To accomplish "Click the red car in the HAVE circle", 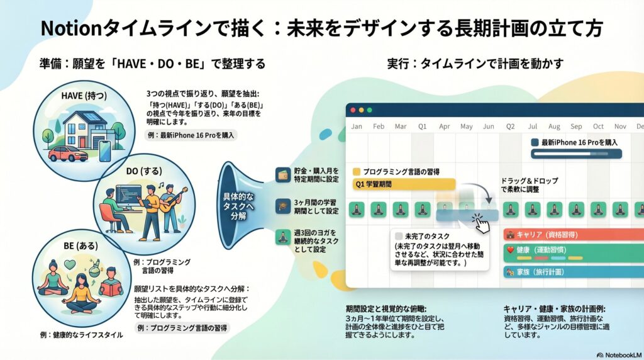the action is click(68, 154).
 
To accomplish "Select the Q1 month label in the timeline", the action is click(422, 127).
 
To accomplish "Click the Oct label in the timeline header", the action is click(598, 127).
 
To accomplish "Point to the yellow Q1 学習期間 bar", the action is click(404, 184).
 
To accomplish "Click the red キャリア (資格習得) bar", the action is click(574, 235).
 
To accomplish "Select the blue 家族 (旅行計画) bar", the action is click(574, 272).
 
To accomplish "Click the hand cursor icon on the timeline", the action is click(481, 223).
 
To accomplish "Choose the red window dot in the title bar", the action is click(353, 110).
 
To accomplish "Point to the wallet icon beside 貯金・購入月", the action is click(283, 175).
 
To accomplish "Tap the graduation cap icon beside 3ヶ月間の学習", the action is click(283, 206).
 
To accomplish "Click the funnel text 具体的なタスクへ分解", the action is click(238, 206).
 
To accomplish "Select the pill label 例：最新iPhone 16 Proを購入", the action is click(191, 135).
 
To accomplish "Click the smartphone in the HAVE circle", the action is click(105, 151).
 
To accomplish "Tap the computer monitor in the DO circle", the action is click(128, 194).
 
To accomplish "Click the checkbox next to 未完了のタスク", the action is click(398, 236).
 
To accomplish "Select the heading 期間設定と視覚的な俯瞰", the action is click(386, 308).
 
